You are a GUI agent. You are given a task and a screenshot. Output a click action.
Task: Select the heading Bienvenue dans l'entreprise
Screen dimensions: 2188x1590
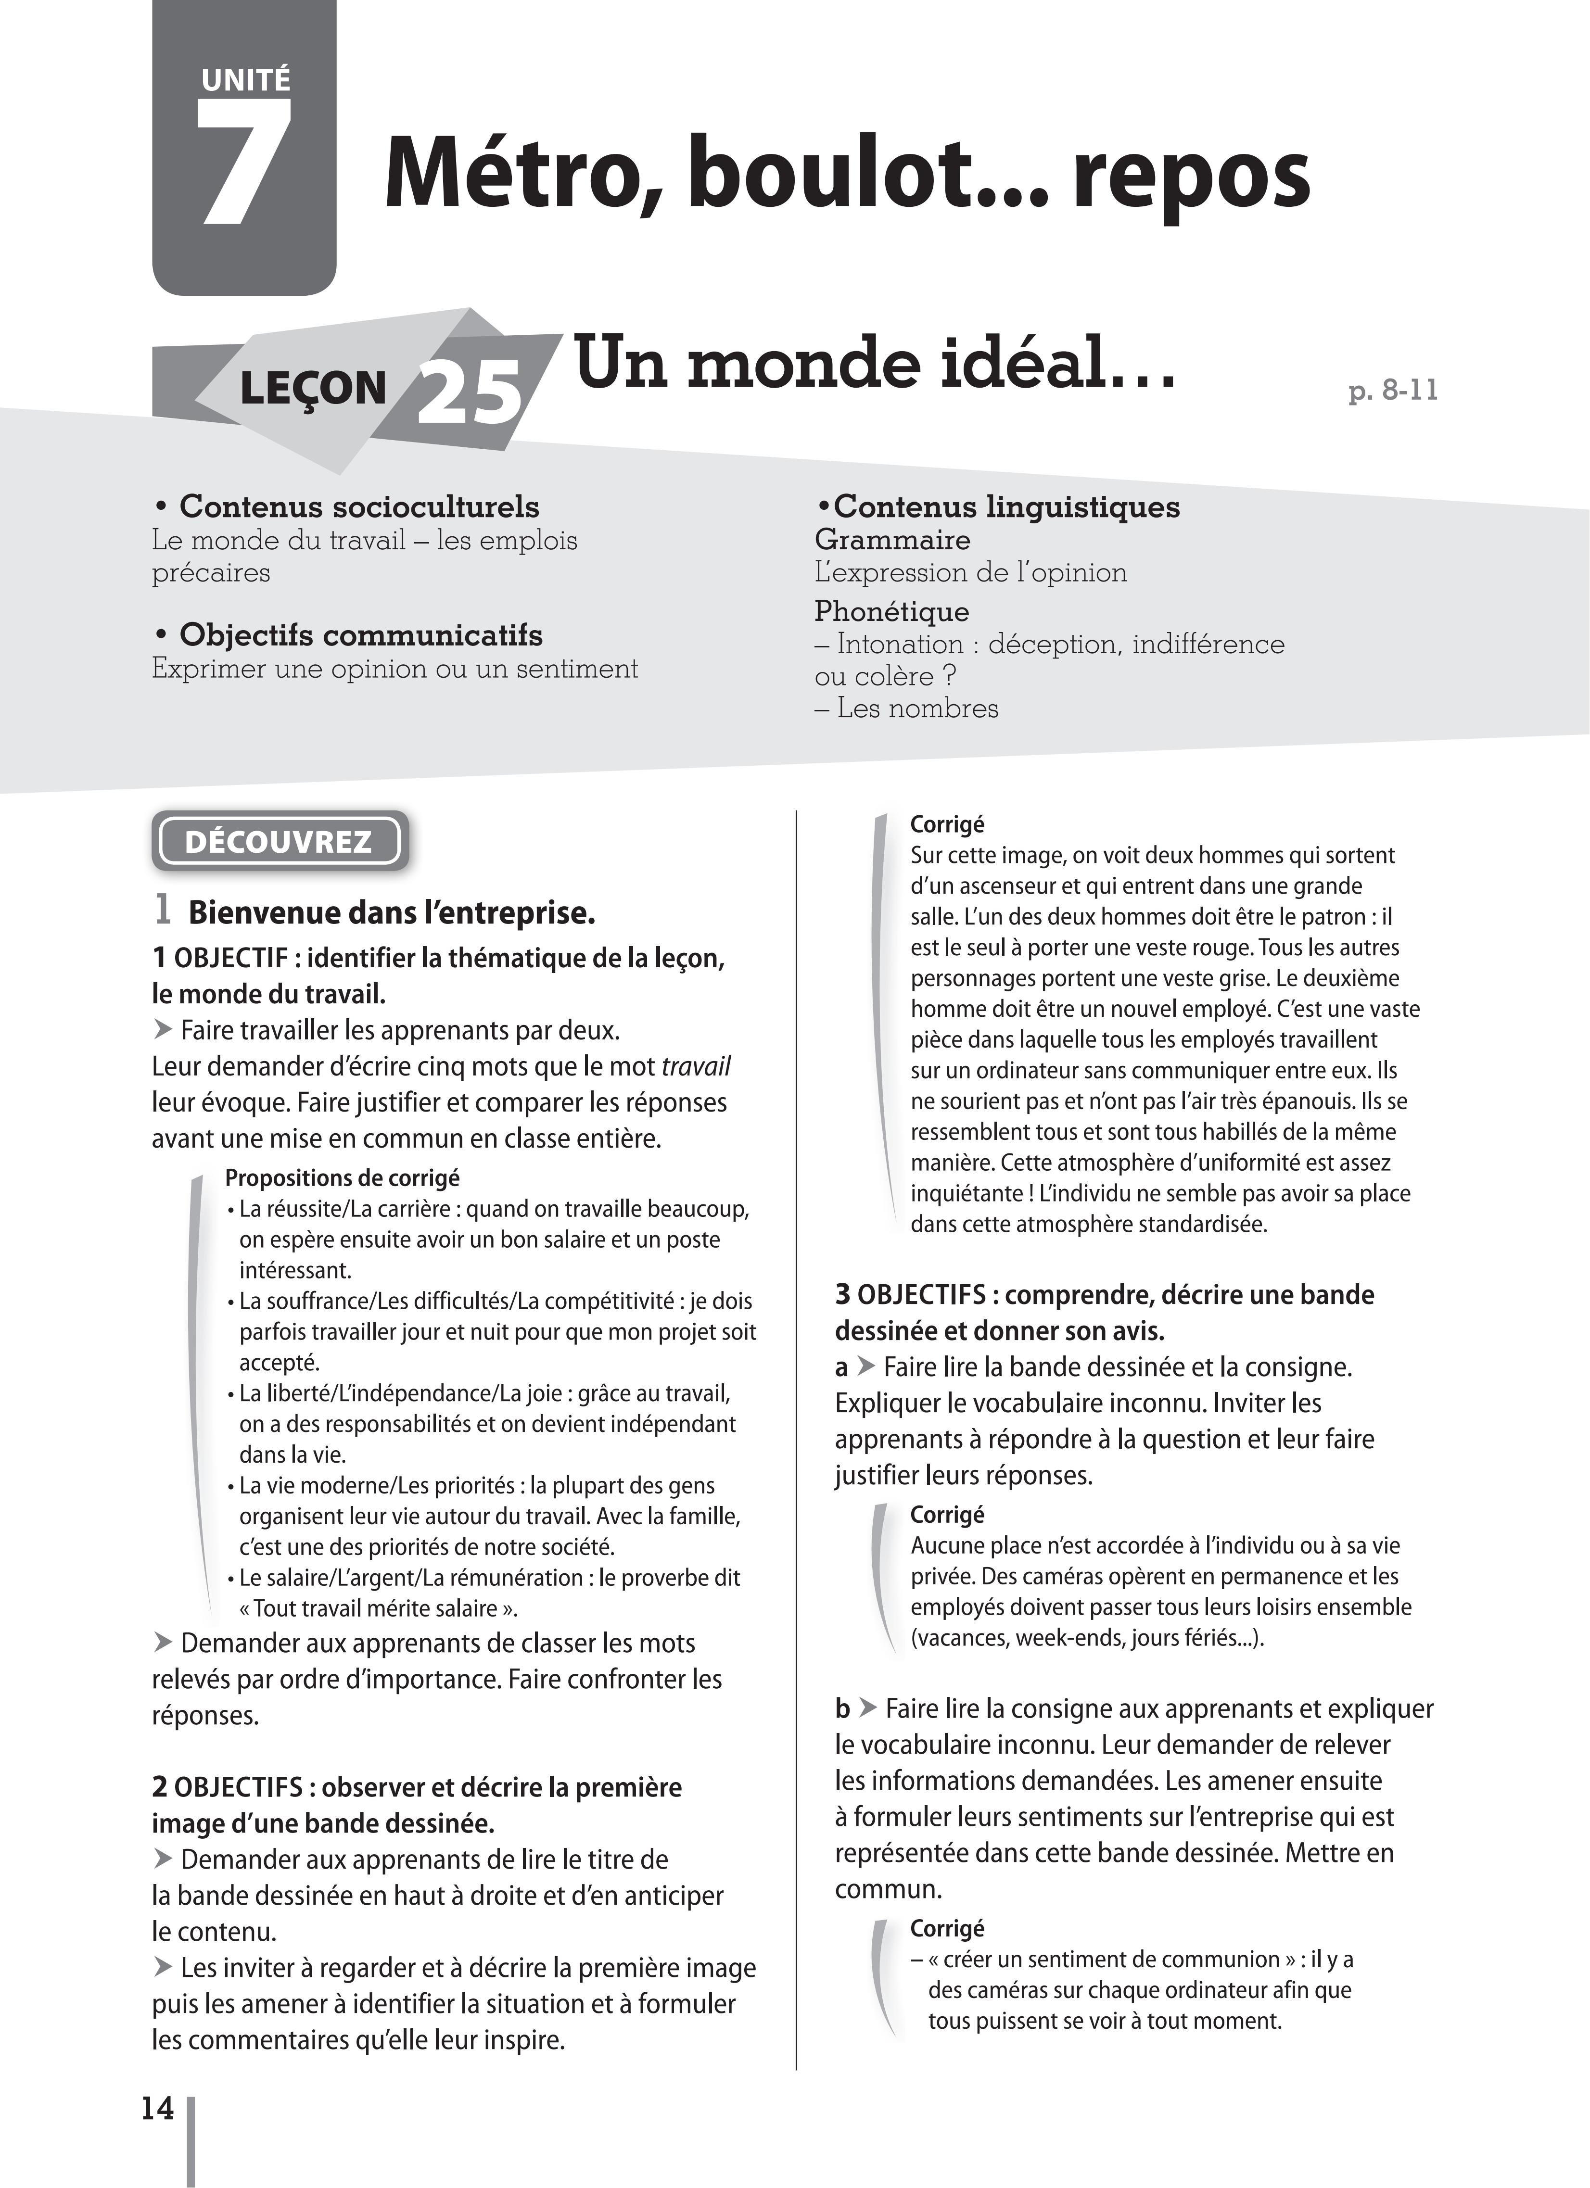pyautogui.click(x=391, y=912)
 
